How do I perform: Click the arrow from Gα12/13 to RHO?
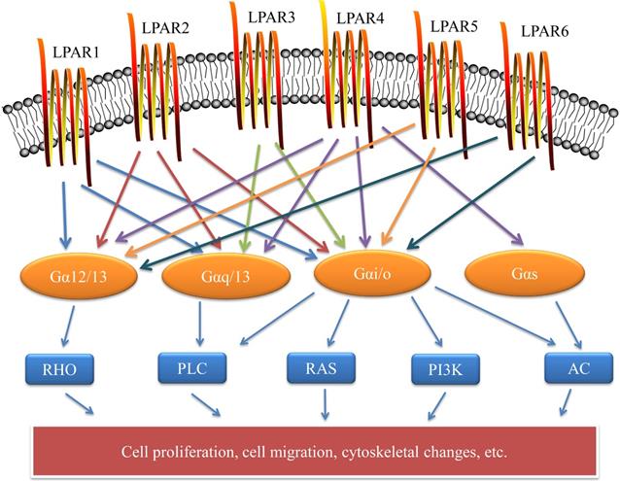point(64,326)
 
